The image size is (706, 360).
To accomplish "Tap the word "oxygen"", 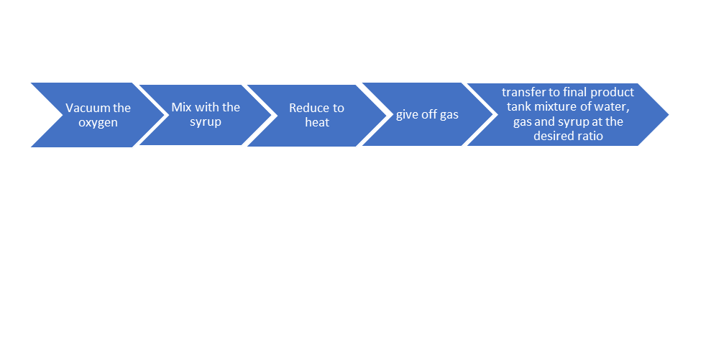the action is tap(98, 123).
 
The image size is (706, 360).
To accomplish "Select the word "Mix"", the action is tap(181, 107).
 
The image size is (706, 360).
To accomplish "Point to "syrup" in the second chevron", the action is tap(206, 122).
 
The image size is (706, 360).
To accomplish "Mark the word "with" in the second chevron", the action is tap(207, 107).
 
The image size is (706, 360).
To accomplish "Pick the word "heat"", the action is tap(317, 122).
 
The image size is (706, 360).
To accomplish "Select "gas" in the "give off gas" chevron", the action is tap(449, 116).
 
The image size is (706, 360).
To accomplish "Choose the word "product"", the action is tap(613, 93).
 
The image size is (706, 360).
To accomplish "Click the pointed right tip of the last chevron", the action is tap(669, 114).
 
